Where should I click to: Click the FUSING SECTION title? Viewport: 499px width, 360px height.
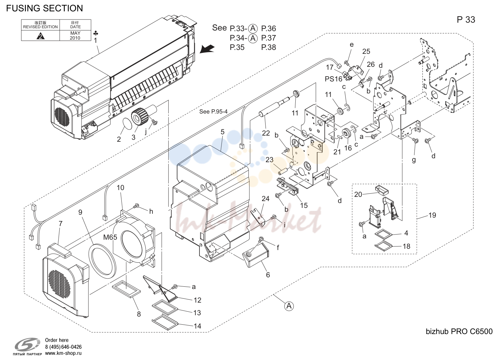pos(45,8)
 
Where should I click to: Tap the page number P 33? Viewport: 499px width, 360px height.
pos(466,20)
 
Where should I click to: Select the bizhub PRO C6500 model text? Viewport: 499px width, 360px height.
pos(459,331)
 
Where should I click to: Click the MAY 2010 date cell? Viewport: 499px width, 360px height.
pos(75,35)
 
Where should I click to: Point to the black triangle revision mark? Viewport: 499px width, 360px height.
pos(40,36)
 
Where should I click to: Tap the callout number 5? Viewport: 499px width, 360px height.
pos(222,132)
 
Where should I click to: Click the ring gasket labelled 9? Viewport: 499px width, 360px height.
pos(102,261)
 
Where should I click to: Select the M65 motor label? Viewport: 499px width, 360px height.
pos(110,237)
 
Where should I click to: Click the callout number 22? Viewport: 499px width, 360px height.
pos(266,133)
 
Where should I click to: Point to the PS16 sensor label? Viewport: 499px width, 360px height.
pos(333,79)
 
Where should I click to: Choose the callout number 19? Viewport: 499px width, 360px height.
pos(432,215)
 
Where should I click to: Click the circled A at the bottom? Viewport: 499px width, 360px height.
pos(289,306)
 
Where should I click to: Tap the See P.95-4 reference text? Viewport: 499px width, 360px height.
pos(213,111)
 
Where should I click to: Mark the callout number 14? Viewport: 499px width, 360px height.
pos(198,326)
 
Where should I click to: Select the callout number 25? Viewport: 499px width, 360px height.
pos(366,51)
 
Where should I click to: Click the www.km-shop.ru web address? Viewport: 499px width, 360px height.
pos(63,353)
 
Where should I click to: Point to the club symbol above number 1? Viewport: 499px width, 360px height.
pos(96,33)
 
